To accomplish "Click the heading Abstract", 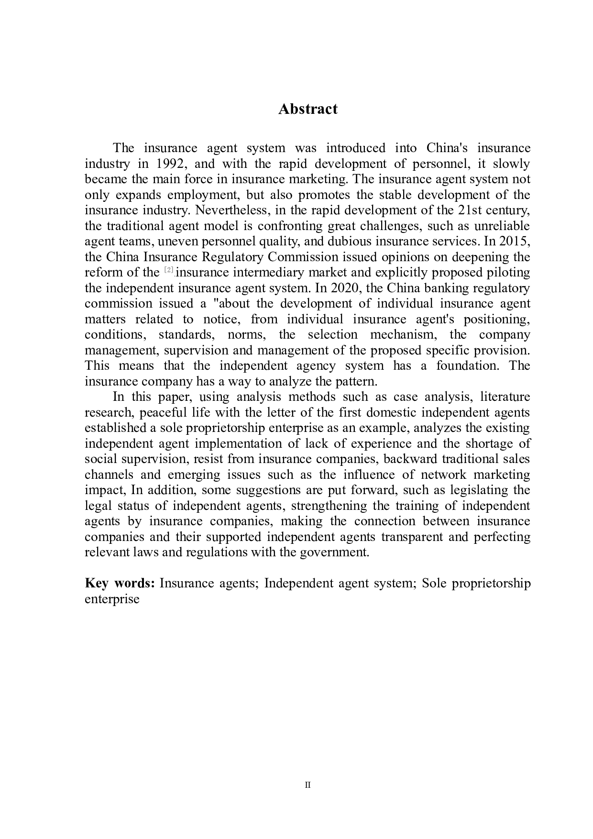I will click(x=307, y=109).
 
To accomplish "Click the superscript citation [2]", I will click(x=169, y=270).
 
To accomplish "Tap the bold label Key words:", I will click(x=120, y=583).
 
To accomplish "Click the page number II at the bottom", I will click(x=307, y=785).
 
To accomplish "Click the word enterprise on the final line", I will click(x=112, y=599).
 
